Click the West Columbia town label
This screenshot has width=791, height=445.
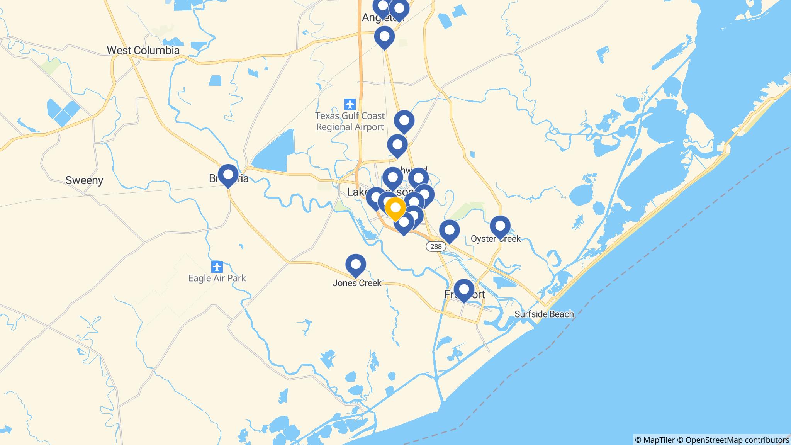point(143,50)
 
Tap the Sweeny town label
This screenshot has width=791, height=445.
point(84,180)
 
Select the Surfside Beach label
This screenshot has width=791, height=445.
point(544,314)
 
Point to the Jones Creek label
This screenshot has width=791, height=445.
point(357,283)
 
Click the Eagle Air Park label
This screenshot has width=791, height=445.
point(217,278)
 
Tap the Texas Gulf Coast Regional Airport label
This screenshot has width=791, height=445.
point(350,121)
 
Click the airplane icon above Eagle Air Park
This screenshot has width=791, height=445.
point(217,267)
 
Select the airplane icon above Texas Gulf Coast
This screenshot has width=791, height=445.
point(350,104)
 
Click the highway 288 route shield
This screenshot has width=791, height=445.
point(436,246)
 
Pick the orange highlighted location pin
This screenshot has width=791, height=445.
point(395,208)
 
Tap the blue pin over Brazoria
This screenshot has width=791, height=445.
point(228,175)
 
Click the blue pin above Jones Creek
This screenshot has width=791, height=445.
point(355,265)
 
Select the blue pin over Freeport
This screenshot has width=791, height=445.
point(463,289)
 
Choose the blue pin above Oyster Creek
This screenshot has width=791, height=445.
point(500,226)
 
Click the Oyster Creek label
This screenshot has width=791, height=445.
point(496,239)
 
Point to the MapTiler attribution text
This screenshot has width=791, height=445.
point(655,440)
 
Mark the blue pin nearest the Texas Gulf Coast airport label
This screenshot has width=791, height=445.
point(404,121)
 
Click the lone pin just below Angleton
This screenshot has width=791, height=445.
point(384,37)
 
